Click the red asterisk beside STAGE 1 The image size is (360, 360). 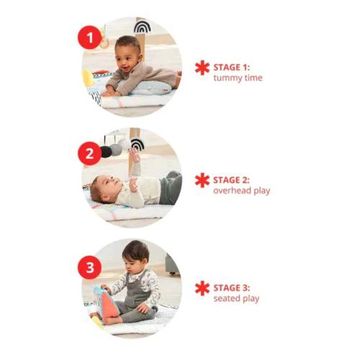point(202,68)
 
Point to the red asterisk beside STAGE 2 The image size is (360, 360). point(202,180)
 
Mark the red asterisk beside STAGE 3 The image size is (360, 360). point(202,289)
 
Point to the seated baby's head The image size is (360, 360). point(136,256)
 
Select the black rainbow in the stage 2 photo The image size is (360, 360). point(138,144)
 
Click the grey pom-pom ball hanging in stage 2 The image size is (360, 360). point(114,150)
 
